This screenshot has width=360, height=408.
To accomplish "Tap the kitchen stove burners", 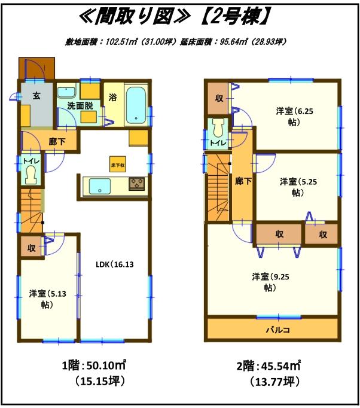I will pyautogui.click(x=137, y=184).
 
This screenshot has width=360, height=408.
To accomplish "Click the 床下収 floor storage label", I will pyautogui.click(x=117, y=165).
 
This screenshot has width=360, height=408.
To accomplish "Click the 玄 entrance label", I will pyautogui.click(x=36, y=95).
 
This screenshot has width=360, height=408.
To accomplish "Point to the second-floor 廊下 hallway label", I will pyautogui.click(x=242, y=181).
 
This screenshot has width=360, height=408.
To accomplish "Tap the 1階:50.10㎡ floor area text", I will pyautogui.click(x=93, y=365).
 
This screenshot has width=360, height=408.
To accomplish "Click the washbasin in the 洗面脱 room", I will pyautogui.click(x=66, y=92).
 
